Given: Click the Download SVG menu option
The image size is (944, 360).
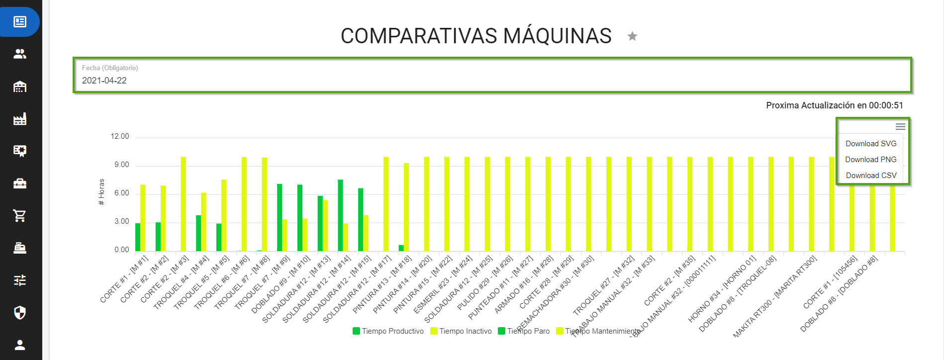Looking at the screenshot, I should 871,144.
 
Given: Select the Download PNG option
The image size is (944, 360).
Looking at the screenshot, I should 871,160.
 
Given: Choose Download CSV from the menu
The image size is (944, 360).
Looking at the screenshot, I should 871,176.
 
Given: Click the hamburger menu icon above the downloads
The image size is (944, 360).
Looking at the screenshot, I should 900,127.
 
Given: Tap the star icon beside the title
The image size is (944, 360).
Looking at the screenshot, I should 632,36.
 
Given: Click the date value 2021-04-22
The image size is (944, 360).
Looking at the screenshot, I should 104,81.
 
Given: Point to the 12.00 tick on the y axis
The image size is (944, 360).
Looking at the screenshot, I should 120,136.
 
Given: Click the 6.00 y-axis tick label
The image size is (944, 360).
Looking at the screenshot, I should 122,193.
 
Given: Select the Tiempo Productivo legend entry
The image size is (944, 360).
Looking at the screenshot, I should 388,331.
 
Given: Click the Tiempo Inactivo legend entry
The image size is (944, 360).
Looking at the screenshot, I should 461,331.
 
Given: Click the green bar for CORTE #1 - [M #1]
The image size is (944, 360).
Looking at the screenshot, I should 138,238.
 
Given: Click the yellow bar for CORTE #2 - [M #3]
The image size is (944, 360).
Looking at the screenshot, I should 184,204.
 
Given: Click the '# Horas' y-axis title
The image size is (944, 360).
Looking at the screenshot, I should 101,192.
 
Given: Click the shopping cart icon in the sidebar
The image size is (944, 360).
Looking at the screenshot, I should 20,215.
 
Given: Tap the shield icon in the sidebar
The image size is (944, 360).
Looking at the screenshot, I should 20,312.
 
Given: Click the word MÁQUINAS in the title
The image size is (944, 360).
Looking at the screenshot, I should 557,36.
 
